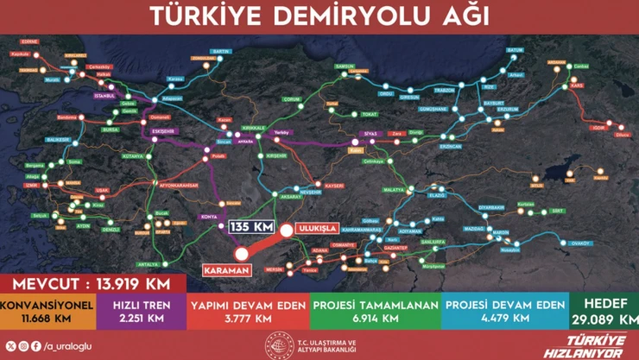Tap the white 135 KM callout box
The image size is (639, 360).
click(x=251, y=227)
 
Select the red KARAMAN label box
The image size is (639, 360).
click(x=227, y=270)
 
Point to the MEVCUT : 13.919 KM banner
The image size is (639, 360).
click(x=92, y=284)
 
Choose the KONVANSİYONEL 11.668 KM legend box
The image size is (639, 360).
click(x=46, y=312)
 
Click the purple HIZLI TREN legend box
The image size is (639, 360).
click(x=139, y=312)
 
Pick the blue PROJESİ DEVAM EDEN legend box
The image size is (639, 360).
click(x=505, y=312)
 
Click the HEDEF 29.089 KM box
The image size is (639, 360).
click(x=605, y=312)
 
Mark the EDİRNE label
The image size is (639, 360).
click(x=31, y=41)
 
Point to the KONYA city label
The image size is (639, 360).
click(x=208, y=216)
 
